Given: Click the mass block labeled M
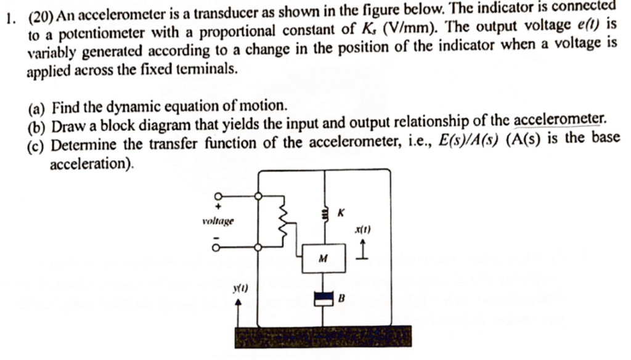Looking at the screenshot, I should click(x=323, y=258).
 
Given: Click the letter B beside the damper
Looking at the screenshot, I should click(x=340, y=299).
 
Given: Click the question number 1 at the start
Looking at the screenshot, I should click(x=7, y=18).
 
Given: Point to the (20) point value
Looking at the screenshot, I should click(x=40, y=18).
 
